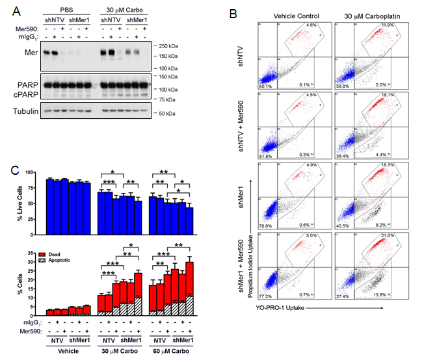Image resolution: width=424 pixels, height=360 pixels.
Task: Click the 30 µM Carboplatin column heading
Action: pos(368,13)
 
